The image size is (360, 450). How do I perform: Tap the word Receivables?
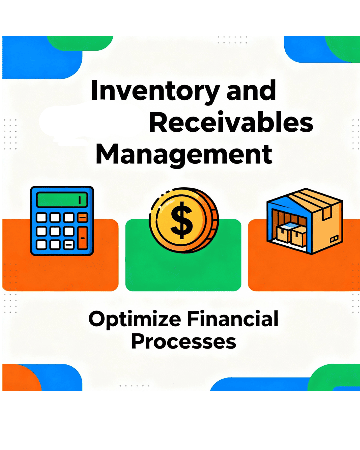tap(231, 123)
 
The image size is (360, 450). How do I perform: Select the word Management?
tap(184, 154)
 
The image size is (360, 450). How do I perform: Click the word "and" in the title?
tap(251, 91)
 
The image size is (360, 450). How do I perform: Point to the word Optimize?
tap(135, 319)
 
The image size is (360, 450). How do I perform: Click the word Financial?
tap(233, 319)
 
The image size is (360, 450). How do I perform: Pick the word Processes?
tap(184, 342)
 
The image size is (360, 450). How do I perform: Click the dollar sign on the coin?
tap(182, 220)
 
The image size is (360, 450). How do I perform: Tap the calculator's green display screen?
tap(62, 200)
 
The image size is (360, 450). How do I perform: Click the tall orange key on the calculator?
tap(82, 238)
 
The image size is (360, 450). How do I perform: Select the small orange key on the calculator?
tap(82, 218)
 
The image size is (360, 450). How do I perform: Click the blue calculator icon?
tap(62, 221)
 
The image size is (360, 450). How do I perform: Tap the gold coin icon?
tap(183, 220)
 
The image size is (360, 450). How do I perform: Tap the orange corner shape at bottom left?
tap(20, 378)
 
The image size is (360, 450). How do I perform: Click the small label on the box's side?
tap(334, 239)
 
